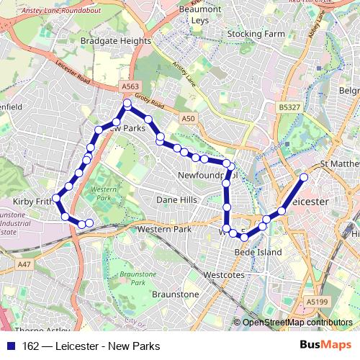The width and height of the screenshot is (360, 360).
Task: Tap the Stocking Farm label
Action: tap(256, 34)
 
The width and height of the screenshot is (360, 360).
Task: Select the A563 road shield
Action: tap(130, 86)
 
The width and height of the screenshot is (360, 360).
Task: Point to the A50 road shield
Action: tap(189, 118)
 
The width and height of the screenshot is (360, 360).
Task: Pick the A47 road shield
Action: tap(25, 264)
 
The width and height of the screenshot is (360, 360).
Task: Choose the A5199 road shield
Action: tap(316, 301)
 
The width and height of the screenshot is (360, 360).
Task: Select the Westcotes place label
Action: tap(224, 274)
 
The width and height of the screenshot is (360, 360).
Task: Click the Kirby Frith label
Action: tap(29, 202)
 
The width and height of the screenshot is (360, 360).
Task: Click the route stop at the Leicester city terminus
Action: tap(304, 177)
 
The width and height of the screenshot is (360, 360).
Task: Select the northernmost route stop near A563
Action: tap(127, 104)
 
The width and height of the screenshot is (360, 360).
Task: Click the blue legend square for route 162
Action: tap(12, 346)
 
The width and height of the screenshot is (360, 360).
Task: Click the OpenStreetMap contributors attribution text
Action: tap(297, 323)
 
